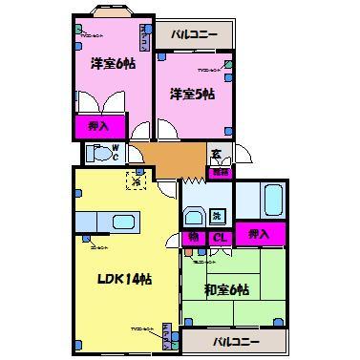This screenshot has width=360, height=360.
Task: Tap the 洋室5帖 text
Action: [192, 94]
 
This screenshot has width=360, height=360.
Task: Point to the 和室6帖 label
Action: [226, 289]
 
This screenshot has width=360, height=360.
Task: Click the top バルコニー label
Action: [195, 35]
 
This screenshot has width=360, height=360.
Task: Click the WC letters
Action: [116, 153]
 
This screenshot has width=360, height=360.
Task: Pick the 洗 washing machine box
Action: [218, 216]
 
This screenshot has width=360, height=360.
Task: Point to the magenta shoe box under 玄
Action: [220, 172]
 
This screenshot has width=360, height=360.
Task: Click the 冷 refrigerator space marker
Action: [137, 178]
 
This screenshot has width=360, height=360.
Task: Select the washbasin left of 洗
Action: [193, 215]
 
